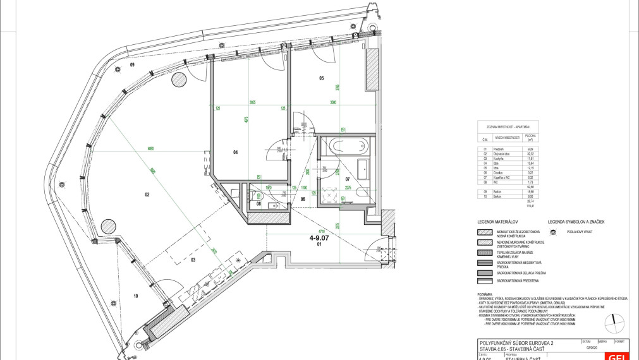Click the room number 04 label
[x=234, y=152]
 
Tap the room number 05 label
[x=321, y=78]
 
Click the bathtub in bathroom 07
[x=341, y=146]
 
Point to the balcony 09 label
[x=133, y=65]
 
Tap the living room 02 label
[x=147, y=195]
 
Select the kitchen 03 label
[x=195, y=260]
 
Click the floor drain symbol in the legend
[x=552, y=232]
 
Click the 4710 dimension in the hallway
[x=320, y=231]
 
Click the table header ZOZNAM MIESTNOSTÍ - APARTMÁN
[x=508, y=126]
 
